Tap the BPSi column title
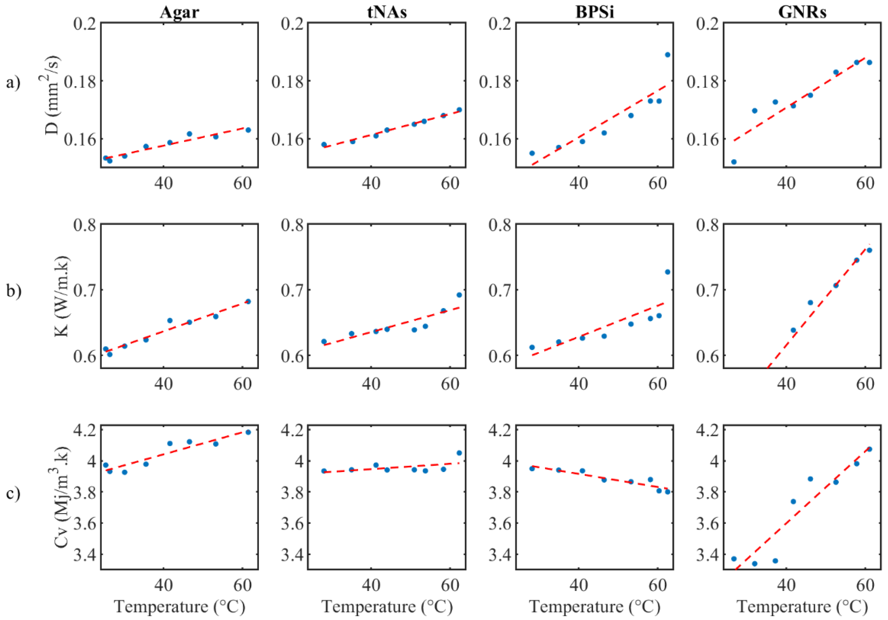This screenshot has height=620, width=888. click(595, 12)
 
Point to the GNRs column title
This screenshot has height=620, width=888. click(802, 12)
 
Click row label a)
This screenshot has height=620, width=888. click(13, 82)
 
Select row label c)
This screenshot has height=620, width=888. click(13, 494)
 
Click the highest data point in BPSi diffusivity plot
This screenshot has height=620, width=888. click(668, 55)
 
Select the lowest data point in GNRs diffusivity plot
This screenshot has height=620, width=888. click(734, 162)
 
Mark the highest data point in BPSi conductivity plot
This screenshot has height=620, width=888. click(668, 272)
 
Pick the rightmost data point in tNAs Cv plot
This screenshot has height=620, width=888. click(459, 453)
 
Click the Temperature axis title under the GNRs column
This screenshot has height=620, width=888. click(802, 606)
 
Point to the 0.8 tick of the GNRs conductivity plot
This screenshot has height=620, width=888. click(707, 225)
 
